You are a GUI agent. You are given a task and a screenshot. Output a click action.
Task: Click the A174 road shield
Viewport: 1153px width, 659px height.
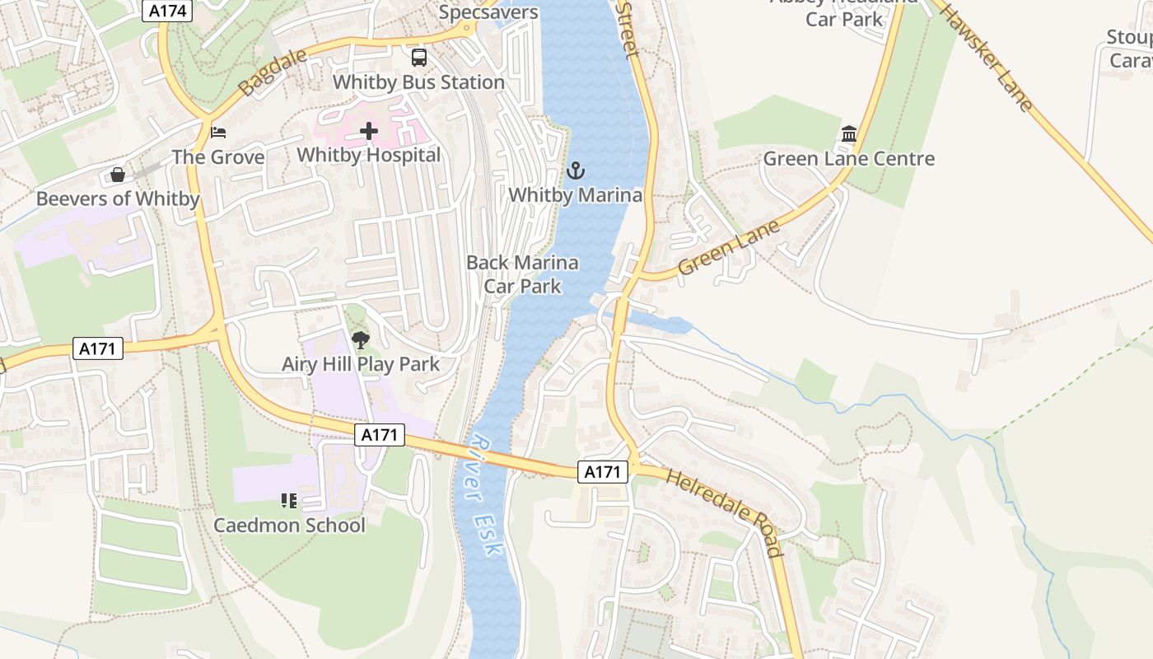click(x=168, y=11)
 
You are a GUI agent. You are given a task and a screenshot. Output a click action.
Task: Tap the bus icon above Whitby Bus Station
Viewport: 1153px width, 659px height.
click(x=419, y=57)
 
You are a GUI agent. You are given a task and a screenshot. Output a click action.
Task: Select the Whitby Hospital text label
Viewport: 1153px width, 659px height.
click(x=369, y=155)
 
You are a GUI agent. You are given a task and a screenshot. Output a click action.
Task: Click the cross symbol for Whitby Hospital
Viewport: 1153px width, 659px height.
click(x=369, y=131)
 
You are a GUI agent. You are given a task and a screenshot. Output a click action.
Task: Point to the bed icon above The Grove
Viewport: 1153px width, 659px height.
click(x=218, y=132)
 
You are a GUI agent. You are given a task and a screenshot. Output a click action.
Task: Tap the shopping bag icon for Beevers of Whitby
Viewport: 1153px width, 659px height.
click(x=118, y=175)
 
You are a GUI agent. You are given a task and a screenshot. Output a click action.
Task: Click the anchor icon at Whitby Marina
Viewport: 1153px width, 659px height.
click(x=576, y=171)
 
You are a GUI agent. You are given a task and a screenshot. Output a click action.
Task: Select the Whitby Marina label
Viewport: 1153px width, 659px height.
click(x=575, y=195)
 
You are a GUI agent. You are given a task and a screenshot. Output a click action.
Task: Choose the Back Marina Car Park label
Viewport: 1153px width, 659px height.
click(x=522, y=274)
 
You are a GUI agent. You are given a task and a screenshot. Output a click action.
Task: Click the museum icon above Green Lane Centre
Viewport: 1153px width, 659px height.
click(x=849, y=133)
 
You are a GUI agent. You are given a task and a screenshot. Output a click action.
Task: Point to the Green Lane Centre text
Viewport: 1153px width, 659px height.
click(x=849, y=159)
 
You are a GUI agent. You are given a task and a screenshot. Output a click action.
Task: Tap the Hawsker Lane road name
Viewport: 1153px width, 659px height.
click(x=986, y=57)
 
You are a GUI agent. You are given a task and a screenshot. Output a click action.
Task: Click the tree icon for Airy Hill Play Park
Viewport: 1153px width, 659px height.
click(x=360, y=339)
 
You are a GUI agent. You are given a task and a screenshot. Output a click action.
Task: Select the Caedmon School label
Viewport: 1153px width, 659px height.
click(x=289, y=526)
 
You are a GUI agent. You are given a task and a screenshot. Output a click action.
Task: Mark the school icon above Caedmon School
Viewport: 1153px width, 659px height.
click(x=289, y=500)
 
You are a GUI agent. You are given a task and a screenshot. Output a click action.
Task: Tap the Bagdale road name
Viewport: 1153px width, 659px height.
click(x=272, y=71)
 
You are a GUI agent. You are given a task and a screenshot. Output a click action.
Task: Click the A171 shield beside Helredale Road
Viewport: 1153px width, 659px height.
click(x=602, y=472)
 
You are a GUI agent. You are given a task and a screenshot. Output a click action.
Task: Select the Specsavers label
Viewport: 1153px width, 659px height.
click(x=488, y=12)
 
